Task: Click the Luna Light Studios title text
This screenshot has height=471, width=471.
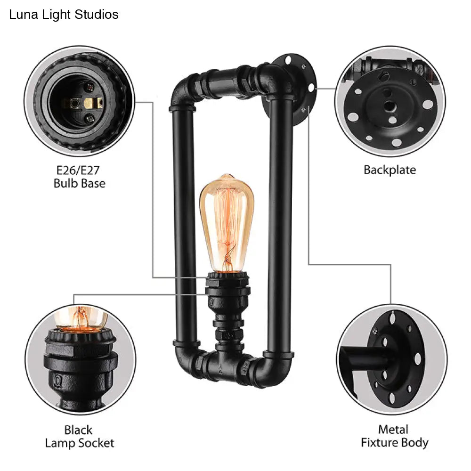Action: [x=64, y=15]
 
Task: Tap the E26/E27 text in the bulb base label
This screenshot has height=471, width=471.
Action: [x=78, y=171]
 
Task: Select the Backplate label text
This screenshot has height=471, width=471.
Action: [x=390, y=170]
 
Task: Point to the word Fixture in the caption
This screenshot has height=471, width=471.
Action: [x=379, y=442]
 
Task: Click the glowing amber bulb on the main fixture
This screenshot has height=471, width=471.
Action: [x=227, y=223]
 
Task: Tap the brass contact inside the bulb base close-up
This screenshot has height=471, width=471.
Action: [x=88, y=103]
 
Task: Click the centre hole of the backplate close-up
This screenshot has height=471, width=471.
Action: [x=390, y=106]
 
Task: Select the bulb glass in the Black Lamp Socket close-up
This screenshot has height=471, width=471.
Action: [x=81, y=318]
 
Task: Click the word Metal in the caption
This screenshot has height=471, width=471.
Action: [x=393, y=430]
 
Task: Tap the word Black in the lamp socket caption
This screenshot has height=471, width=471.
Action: [x=78, y=430]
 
